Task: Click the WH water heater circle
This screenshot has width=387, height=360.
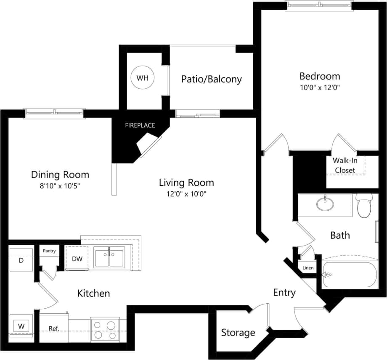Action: click(x=143, y=78)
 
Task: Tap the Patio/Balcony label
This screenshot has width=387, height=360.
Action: click(x=211, y=79)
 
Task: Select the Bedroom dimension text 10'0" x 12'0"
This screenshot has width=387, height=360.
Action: click(x=319, y=88)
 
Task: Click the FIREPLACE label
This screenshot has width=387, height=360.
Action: click(x=140, y=125)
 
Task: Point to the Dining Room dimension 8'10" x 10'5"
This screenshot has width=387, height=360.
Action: click(x=60, y=185)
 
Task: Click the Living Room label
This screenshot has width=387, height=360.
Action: click(x=186, y=183)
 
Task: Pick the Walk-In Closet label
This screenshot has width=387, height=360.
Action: click(x=344, y=165)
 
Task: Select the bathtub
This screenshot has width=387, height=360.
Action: click(x=349, y=275)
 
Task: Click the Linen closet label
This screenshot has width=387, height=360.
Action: click(x=307, y=268)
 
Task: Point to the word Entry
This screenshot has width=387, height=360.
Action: click(x=284, y=293)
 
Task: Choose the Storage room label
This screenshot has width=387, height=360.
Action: click(x=238, y=333)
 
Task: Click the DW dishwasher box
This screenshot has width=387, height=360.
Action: click(x=77, y=259)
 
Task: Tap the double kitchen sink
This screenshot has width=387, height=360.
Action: click(x=109, y=257)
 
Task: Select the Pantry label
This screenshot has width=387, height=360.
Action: click(x=49, y=251)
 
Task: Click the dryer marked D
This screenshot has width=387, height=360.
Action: click(x=21, y=260)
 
